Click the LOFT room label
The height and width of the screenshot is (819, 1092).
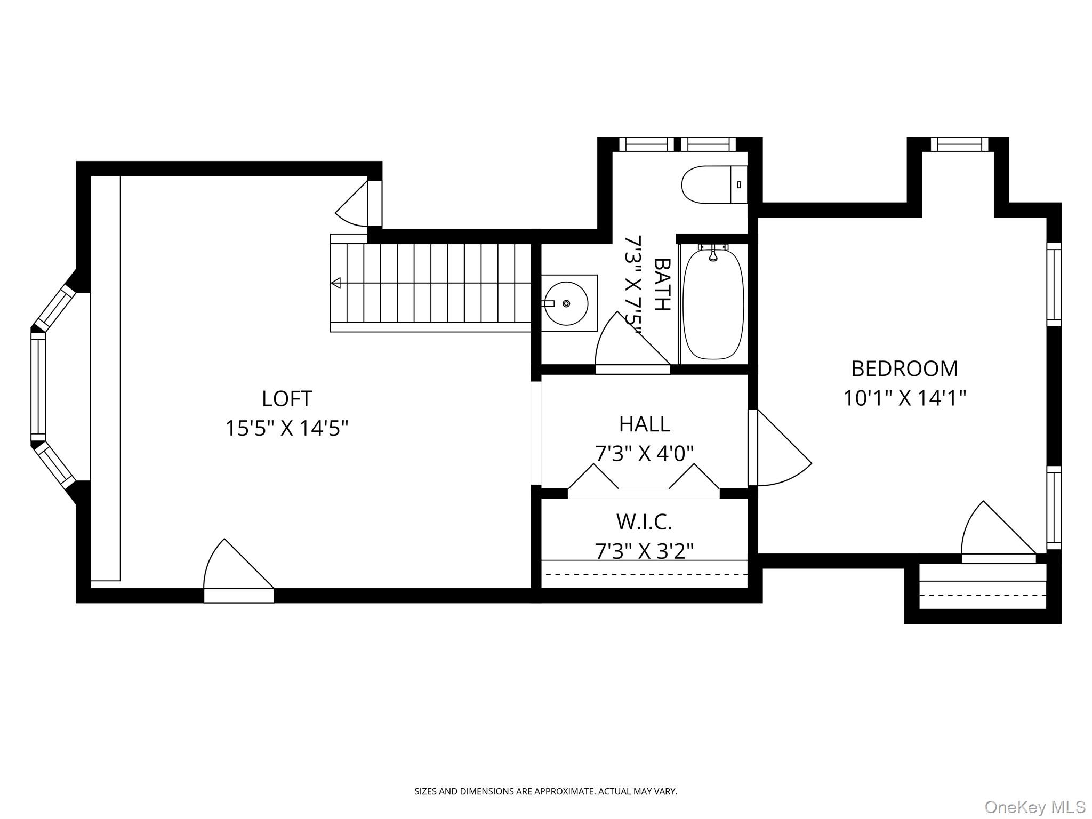[x=287, y=398]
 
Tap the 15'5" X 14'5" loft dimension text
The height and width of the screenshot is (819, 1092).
[x=287, y=428]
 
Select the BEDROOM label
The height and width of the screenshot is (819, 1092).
[x=904, y=368]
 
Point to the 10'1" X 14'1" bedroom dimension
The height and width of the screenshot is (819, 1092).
[x=904, y=398]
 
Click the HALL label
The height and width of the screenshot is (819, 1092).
[x=644, y=424]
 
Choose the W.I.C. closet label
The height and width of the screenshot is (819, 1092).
[x=644, y=522]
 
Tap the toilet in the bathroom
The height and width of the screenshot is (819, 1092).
[x=714, y=184]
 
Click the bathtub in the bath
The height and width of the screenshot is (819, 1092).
[x=713, y=303]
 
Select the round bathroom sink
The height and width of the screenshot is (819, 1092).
[x=566, y=303]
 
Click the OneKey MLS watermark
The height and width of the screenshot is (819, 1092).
[x=1035, y=807]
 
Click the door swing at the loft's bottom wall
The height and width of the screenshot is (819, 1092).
[x=238, y=571]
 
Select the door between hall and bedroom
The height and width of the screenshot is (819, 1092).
[x=780, y=448]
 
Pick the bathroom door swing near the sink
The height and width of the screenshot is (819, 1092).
[x=632, y=342]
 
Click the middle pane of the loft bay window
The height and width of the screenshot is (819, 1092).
[x=38, y=387]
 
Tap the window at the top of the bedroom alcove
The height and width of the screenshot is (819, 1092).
[x=959, y=144]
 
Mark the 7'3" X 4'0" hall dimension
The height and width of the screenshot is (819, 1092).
[x=644, y=454]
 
